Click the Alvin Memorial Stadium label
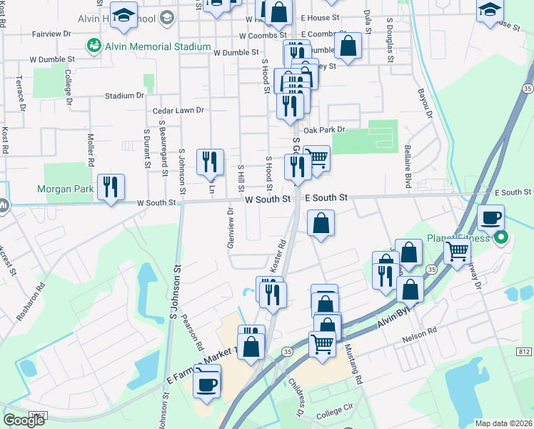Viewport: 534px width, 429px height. [158, 47]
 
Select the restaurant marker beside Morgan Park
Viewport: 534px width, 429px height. [111, 188]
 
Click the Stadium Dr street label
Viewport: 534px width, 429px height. [124, 95]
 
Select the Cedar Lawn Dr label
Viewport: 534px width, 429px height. [178, 111]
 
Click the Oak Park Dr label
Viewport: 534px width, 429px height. [324, 129]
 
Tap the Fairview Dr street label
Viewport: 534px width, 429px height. [52, 34]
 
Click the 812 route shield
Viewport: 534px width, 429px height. [524, 351]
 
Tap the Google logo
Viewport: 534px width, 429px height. [24, 420]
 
